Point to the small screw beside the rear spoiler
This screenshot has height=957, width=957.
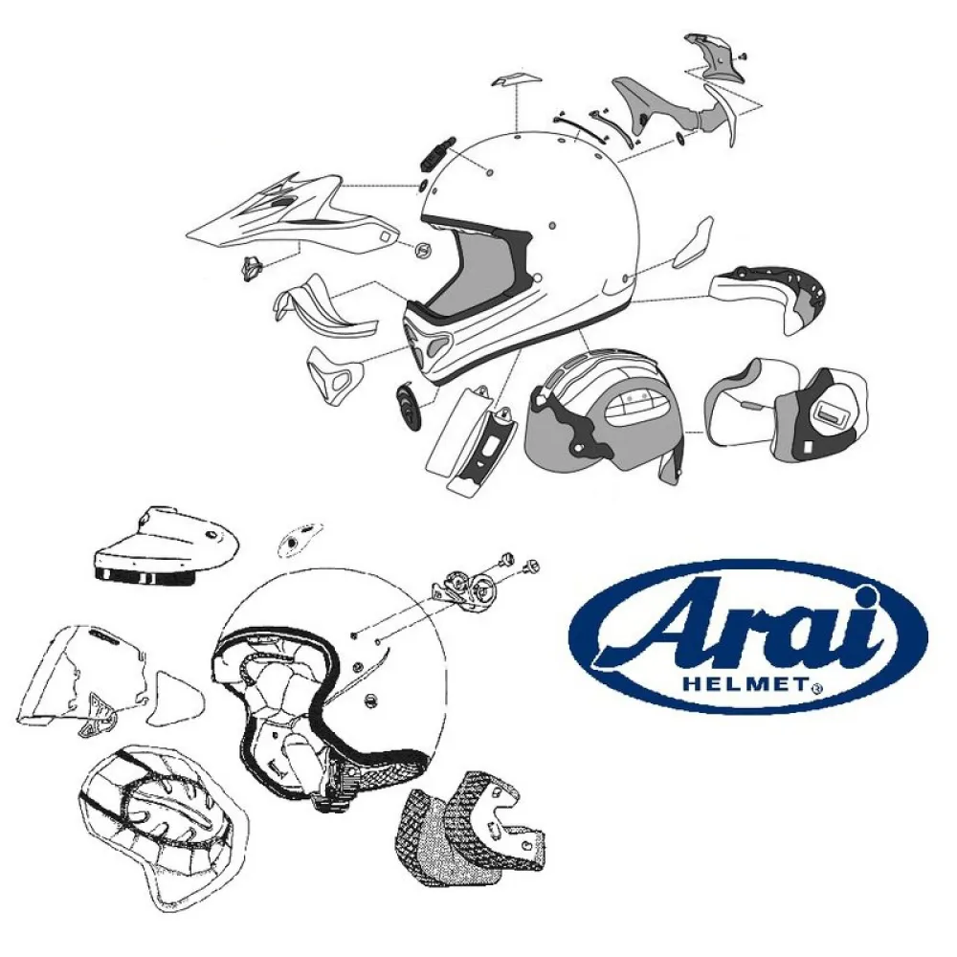(743, 58)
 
